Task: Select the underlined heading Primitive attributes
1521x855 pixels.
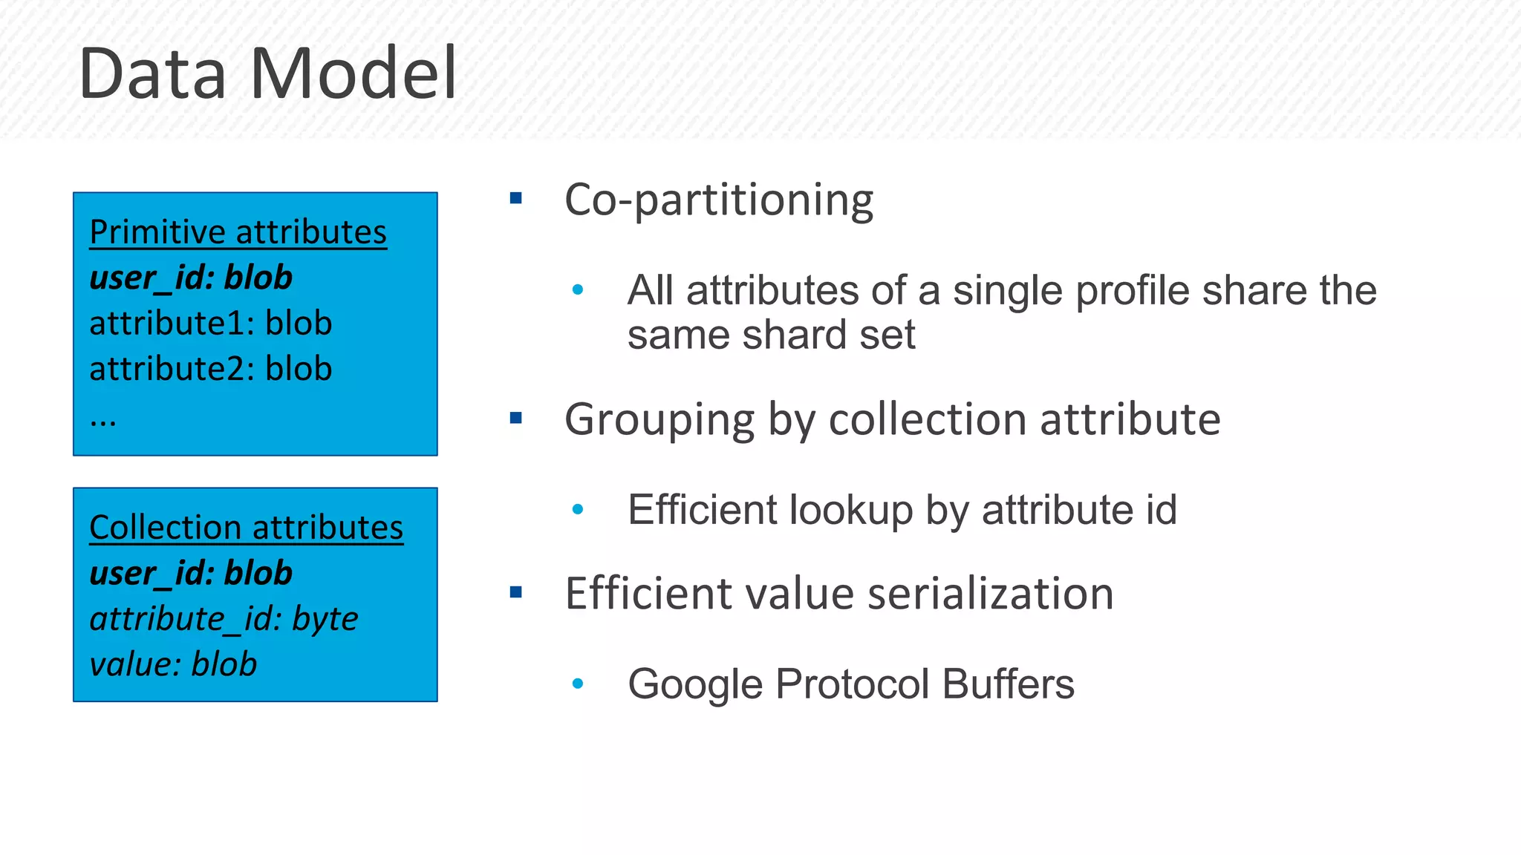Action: point(238,232)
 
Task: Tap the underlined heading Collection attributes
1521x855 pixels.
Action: point(246,527)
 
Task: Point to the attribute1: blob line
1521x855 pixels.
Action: point(210,323)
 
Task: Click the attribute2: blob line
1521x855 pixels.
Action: point(210,369)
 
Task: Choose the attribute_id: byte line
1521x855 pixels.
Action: point(224,618)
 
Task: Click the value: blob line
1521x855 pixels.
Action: point(173,664)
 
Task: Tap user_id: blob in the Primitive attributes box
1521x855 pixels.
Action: point(191,278)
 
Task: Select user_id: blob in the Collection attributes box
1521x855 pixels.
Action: point(191,573)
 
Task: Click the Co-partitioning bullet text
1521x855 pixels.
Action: point(718,200)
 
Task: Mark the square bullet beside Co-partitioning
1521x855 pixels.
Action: point(516,198)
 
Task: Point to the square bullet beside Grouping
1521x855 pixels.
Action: point(516,419)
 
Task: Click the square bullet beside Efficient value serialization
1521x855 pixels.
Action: point(516,592)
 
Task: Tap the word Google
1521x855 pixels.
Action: point(694,684)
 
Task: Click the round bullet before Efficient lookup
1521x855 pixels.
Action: point(578,509)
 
